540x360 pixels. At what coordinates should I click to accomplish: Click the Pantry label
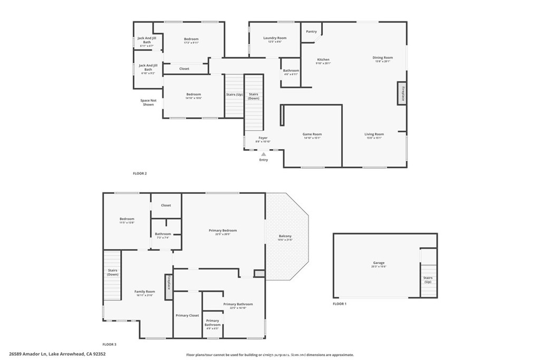(x=312, y=32)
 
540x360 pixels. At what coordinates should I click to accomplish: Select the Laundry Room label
(x=275, y=38)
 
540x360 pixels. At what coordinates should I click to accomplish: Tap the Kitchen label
(x=323, y=60)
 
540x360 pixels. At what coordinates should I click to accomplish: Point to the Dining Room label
(x=383, y=58)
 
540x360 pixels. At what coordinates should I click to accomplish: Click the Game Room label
(x=312, y=134)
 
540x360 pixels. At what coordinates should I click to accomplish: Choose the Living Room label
(x=374, y=134)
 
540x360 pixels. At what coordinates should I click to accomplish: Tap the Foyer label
(x=263, y=138)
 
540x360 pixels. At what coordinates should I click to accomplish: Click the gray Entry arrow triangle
(x=264, y=154)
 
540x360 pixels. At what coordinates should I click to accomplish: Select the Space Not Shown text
(x=148, y=102)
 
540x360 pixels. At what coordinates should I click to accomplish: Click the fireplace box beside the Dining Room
(x=402, y=93)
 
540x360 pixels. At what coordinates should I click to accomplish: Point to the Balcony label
(x=285, y=236)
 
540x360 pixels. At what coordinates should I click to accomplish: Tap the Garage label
(x=379, y=263)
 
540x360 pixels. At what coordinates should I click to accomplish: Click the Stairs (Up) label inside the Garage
(x=428, y=279)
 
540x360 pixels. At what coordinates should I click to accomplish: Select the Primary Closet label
(x=187, y=315)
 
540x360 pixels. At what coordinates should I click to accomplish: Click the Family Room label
(x=144, y=291)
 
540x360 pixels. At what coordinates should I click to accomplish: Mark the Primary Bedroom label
(x=223, y=230)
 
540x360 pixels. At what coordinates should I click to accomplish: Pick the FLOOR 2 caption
(x=140, y=173)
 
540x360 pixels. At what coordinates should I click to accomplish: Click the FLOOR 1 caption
(x=340, y=304)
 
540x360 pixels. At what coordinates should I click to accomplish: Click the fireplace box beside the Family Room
(x=168, y=283)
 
